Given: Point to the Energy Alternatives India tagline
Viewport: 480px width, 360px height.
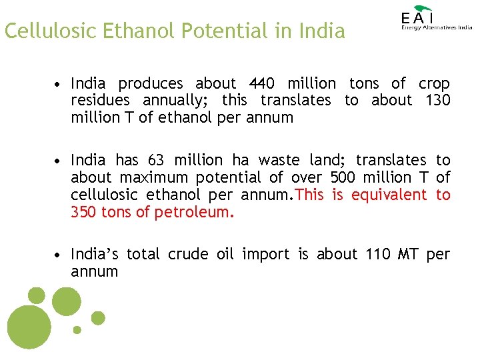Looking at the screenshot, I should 437,27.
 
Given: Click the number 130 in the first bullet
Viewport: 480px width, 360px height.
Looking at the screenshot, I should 437,101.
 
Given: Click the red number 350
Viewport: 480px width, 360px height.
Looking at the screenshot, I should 84,212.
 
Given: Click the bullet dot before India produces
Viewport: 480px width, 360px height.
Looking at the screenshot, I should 59,85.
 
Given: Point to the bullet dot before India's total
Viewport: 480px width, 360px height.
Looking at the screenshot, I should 59,255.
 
